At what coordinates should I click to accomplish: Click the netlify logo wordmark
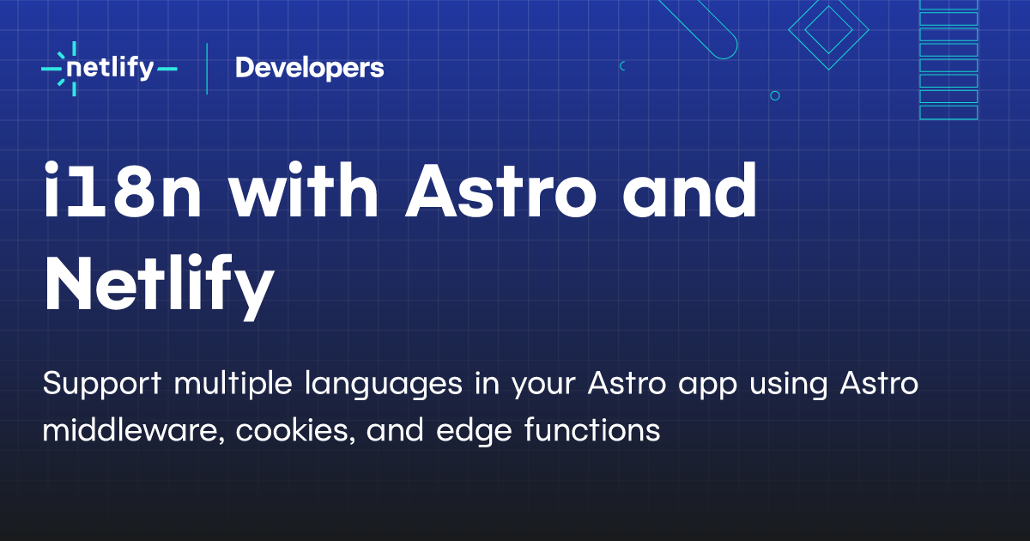point(109,68)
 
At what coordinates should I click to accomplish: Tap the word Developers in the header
point(309,68)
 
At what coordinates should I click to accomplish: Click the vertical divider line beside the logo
point(207,68)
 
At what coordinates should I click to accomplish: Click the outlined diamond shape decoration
point(828,31)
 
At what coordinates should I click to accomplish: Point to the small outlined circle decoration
point(775,96)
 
